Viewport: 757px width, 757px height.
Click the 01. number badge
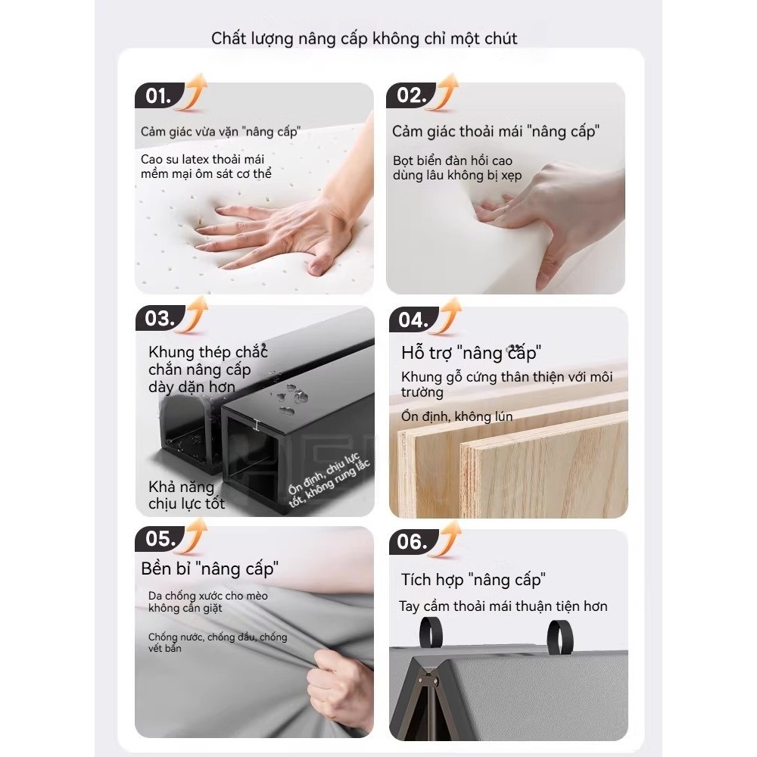click(x=158, y=96)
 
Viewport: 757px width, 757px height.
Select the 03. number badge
click(x=160, y=319)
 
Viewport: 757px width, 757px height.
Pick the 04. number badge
click(x=413, y=320)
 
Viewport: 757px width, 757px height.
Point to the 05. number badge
click(x=160, y=539)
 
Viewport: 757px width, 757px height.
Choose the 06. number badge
click(x=413, y=542)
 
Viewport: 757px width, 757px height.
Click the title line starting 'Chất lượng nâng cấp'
click(x=364, y=38)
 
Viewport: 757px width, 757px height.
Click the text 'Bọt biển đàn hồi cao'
click(x=453, y=160)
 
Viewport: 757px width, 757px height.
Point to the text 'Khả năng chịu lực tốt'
click(x=187, y=495)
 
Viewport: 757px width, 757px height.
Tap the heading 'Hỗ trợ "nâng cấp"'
click(x=471, y=353)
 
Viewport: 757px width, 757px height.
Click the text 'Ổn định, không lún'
click(x=457, y=416)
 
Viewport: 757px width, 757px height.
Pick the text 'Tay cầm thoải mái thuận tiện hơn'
click(x=503, y=606)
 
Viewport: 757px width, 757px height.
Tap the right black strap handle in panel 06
click(x=561, y=635)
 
